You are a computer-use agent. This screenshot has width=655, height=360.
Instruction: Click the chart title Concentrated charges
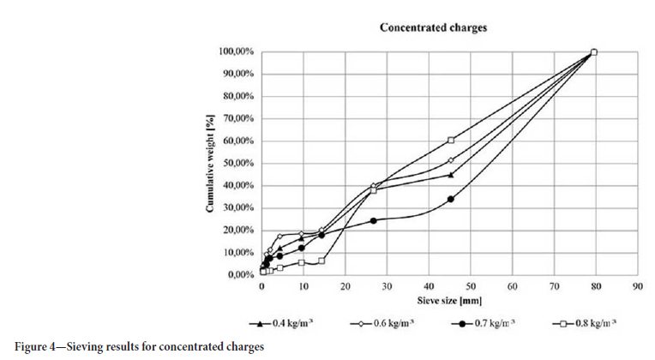point(433,27)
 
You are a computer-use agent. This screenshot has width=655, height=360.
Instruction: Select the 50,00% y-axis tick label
point(237,163)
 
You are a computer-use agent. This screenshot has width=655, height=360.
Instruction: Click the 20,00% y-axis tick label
point(237,230)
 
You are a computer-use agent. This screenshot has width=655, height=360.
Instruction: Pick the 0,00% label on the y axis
point(239,274)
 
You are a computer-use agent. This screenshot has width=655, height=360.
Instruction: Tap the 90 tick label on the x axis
point(636,287)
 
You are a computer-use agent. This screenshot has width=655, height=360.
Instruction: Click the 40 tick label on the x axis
point(428,287)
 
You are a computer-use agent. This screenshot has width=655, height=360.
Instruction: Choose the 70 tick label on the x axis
point(553,287)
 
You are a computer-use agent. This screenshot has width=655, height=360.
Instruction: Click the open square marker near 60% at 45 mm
point(451,140)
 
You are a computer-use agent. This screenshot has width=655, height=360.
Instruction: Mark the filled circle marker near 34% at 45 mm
point(451,199)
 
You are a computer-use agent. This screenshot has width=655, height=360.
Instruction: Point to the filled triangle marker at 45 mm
point(451,174)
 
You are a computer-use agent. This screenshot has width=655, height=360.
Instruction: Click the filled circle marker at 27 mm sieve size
point(373,220)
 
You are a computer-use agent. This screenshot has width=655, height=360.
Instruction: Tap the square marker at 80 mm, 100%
point(594,51)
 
